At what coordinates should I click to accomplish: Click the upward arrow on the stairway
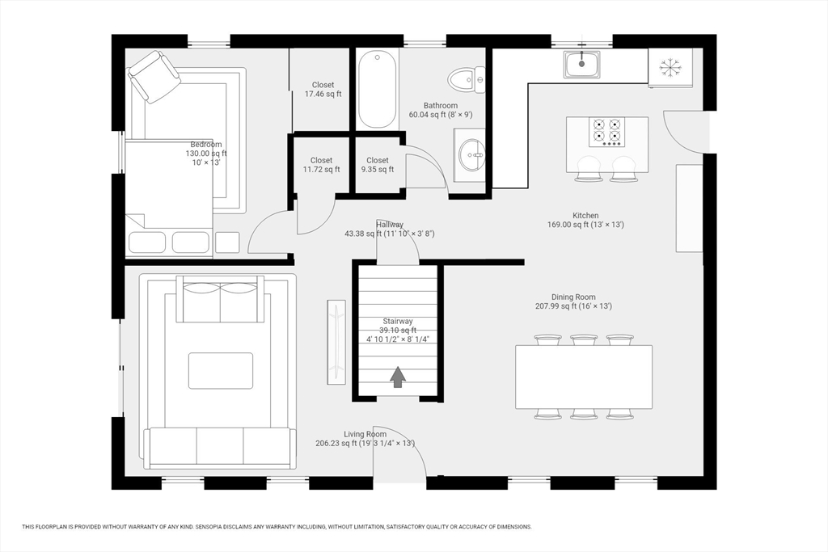[x=398, y=377]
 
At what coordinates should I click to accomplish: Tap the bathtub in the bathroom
[x=378, y=90]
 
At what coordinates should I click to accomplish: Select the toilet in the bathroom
[x=467, y=80]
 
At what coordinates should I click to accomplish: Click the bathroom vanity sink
[x=469, y=153]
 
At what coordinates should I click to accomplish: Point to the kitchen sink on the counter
[x=582, y=64]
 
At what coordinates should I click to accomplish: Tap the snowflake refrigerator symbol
[x=670, y=67]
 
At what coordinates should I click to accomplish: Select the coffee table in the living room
[x=221, y=371]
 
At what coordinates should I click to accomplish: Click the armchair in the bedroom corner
[x=154, y=77]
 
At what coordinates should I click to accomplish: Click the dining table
[x=584, y=377]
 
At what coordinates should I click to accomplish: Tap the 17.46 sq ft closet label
[x=323, y=90]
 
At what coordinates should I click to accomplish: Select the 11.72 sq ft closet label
[x=321, y=165]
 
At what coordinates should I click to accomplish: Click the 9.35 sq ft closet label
[x=378, y=165]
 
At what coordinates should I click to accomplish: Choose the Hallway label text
[x=390, y=225]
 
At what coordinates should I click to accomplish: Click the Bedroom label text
[x=205, y=145]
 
